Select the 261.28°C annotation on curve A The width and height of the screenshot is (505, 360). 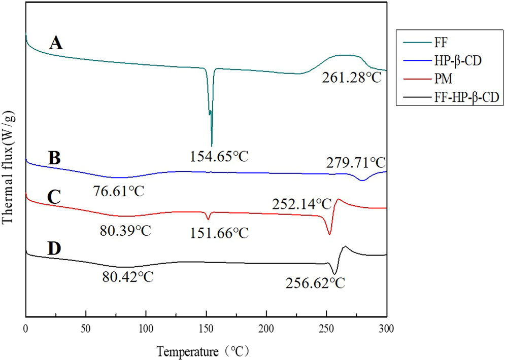pyautogui.click(x=351, y=79)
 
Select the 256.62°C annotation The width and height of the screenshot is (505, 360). pyautogui.click(x=314, y=282)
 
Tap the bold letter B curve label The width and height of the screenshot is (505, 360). pyautogui.click(x=54, y=156)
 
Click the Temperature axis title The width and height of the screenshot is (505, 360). pyautogui.click(x=204, y=350)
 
